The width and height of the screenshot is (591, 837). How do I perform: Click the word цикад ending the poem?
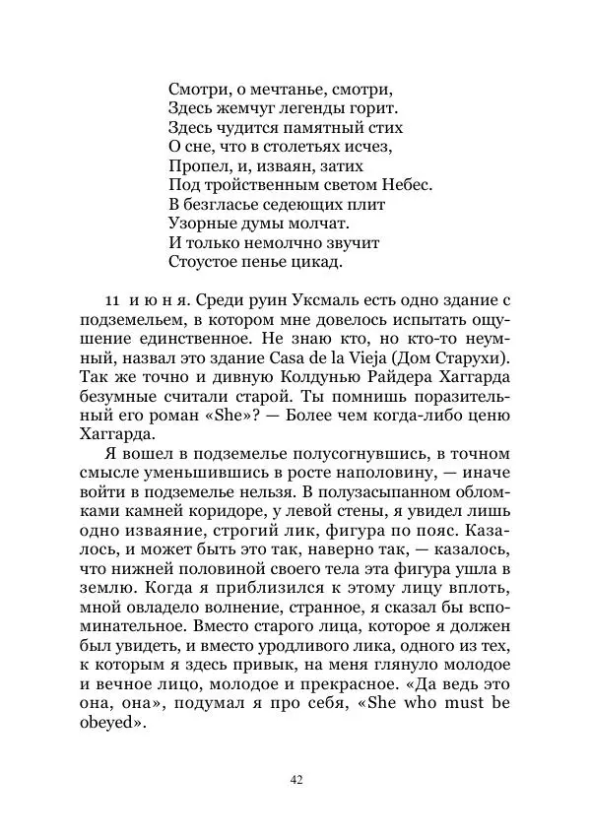coord(320,261)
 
